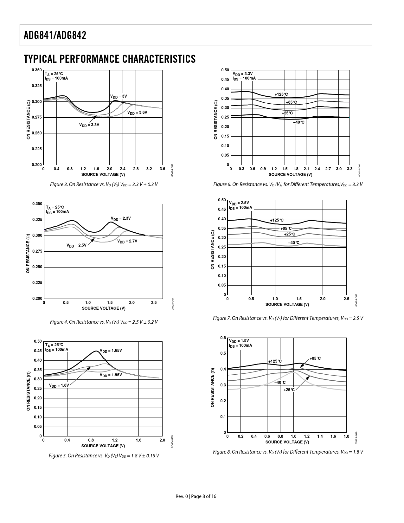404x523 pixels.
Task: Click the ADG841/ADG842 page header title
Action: point(55,35)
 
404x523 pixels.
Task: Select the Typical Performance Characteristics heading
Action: point(110,59)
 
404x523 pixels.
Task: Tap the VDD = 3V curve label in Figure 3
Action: point(119,96)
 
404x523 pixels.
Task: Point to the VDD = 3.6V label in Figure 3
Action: point(137,113)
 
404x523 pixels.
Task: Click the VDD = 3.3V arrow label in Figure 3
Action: point(89,125)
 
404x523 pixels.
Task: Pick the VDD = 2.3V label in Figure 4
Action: point(121,218)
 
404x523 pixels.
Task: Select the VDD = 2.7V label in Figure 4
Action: point(127,241)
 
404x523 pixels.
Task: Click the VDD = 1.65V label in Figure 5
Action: point(111,351)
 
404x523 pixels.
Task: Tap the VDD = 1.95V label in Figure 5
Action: point(111,375)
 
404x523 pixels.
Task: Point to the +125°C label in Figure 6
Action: point(281,94)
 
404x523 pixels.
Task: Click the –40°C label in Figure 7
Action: point(294,243)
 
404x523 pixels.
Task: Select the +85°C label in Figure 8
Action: point(315,358)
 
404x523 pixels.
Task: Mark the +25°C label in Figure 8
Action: point(289,390)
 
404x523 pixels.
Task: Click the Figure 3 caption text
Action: point(104,184)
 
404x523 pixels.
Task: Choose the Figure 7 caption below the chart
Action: point(288,318)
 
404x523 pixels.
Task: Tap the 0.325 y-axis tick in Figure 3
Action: point(37,86)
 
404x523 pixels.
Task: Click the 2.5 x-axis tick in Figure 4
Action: point(154,303)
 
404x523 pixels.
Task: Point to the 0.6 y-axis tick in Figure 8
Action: point(223,338)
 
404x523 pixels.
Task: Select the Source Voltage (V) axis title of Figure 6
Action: point(290,174)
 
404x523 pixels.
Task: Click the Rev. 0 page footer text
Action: point(196,496)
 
